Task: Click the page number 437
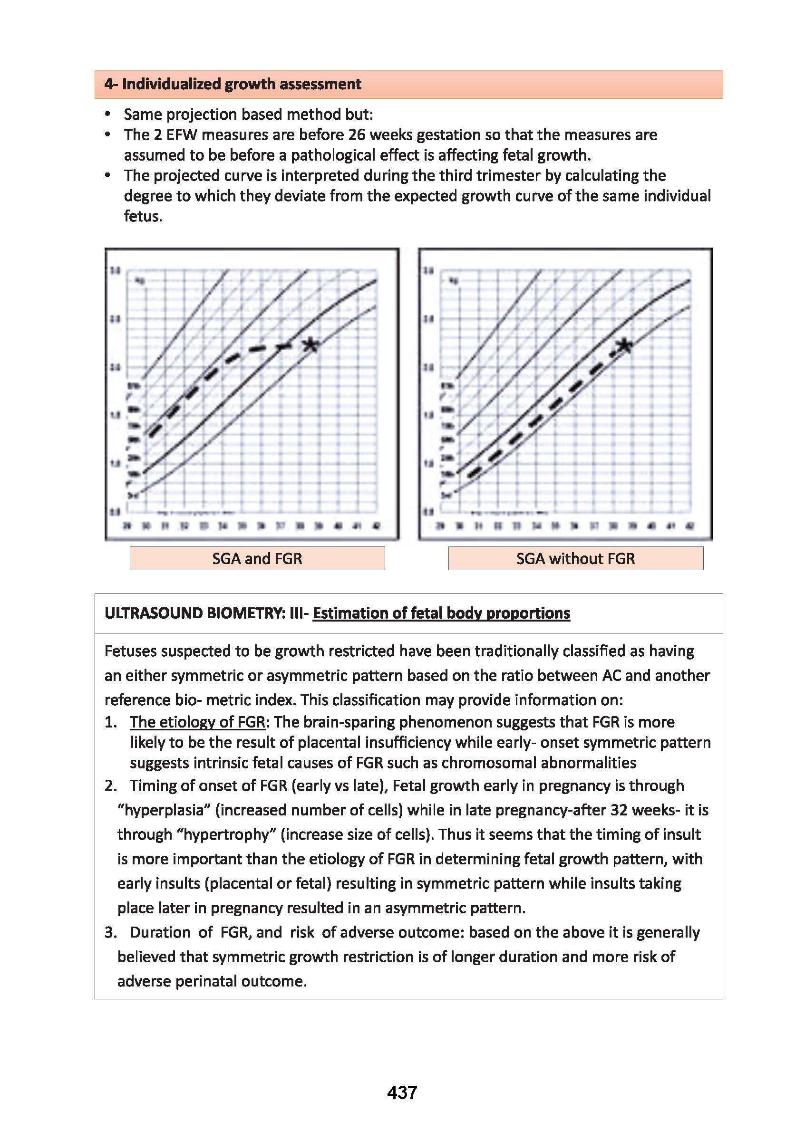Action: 402,1092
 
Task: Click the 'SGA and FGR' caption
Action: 257,558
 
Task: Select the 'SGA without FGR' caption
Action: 575,558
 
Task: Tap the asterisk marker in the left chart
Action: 311,345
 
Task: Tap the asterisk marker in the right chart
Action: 625,345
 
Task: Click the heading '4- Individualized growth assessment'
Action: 233,84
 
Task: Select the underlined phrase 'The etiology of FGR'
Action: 198,722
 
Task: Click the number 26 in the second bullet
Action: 357,135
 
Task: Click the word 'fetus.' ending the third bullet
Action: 143,217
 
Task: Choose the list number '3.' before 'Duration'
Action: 110,932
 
